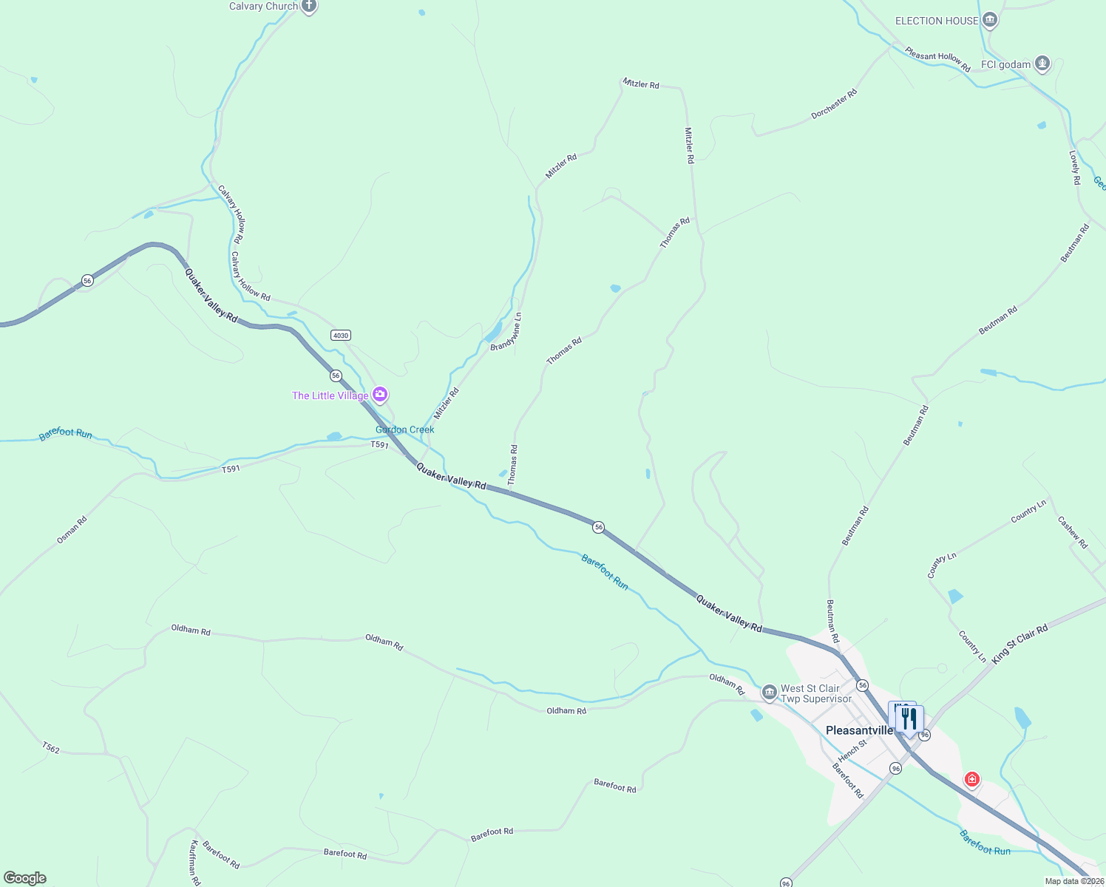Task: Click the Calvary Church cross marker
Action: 309,7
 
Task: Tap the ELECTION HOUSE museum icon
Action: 990,21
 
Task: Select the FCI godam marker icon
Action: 1042,64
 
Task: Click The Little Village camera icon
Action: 380,395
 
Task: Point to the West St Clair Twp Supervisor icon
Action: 770,693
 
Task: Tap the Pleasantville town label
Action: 859,730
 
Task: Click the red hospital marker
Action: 971,779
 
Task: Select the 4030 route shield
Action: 341,336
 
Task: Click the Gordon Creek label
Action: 404,429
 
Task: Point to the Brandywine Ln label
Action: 506,331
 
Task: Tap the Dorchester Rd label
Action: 834,104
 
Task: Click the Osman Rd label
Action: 72,530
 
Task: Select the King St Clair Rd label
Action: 1020,644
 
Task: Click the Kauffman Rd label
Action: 194,862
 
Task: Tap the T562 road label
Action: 50,748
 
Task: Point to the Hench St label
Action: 852,750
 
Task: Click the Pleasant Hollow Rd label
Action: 937,59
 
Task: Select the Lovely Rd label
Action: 1075,168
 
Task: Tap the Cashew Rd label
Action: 1073,532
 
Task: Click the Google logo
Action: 25,878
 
